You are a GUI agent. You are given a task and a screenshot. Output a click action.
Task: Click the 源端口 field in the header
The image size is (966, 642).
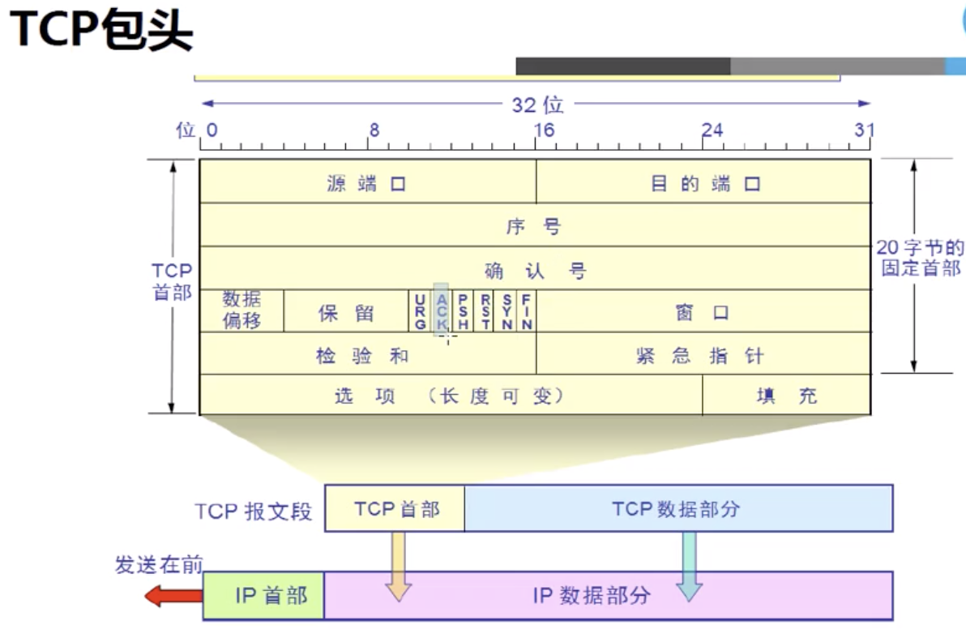[366, 183]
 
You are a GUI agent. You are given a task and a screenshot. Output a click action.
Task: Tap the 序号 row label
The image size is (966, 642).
[534, 226]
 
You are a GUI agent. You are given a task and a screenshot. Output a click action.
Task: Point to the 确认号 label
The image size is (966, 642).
[535, 269]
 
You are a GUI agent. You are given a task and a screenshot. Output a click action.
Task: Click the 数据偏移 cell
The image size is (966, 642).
[241, 310]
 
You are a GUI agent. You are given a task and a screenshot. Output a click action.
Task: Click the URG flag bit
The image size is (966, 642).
[420, 311]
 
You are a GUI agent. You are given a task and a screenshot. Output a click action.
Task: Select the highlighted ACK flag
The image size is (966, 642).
[441, 311]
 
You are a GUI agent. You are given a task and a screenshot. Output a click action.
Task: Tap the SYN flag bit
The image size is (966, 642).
[507, 311]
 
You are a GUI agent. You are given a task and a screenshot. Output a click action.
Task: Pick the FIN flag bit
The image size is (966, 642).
[526, 311]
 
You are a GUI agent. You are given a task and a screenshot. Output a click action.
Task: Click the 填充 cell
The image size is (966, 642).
[787, 396]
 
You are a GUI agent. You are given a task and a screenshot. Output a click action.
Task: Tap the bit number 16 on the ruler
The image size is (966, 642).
[544, 130]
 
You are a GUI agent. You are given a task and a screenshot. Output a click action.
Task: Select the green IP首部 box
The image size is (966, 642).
[263, 596]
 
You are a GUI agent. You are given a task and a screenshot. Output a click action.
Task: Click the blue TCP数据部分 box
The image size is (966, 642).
[677, 508]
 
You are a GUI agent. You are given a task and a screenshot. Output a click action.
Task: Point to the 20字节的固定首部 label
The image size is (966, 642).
[921, 257]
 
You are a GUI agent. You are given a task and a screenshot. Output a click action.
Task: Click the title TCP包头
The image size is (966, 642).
[100, 31]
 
